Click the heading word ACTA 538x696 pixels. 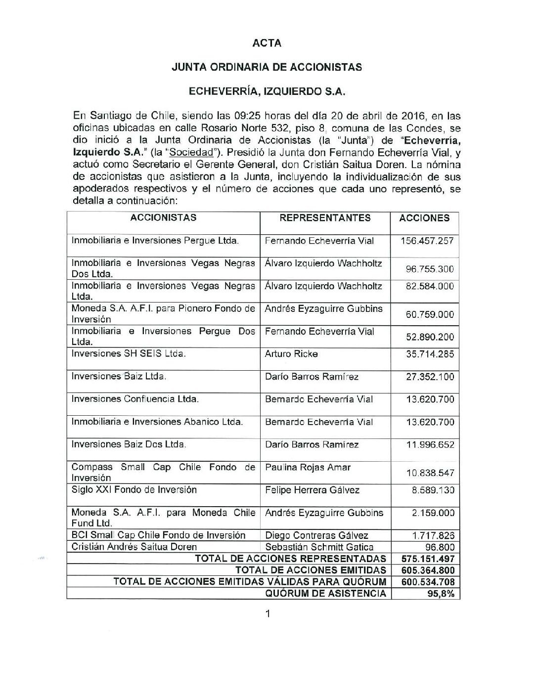tap(267, 43)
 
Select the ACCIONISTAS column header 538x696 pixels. tap(163, 217)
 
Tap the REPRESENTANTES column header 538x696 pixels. tap(325, 218)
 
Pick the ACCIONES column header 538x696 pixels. tap(425, 218)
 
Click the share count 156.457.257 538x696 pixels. tap(427, 241)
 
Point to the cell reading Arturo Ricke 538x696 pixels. tap(291, 354)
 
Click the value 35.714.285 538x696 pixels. tap(430, 354)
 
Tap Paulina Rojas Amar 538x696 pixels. tap(308, 467)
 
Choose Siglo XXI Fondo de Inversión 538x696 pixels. tap(134, 490)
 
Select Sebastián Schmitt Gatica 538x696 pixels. tap(319, 547)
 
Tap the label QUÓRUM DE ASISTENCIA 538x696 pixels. tap(326, 594)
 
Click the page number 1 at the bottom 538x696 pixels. tap(268, 614)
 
